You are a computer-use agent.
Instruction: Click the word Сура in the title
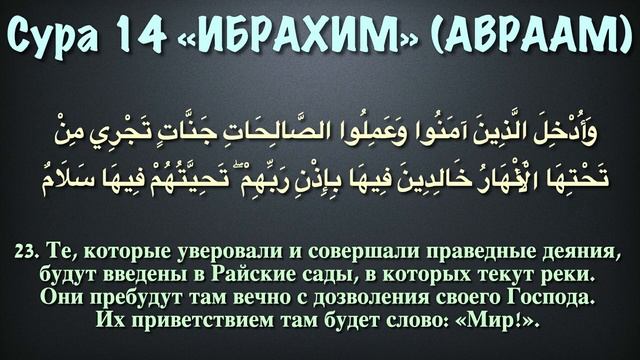62,38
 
